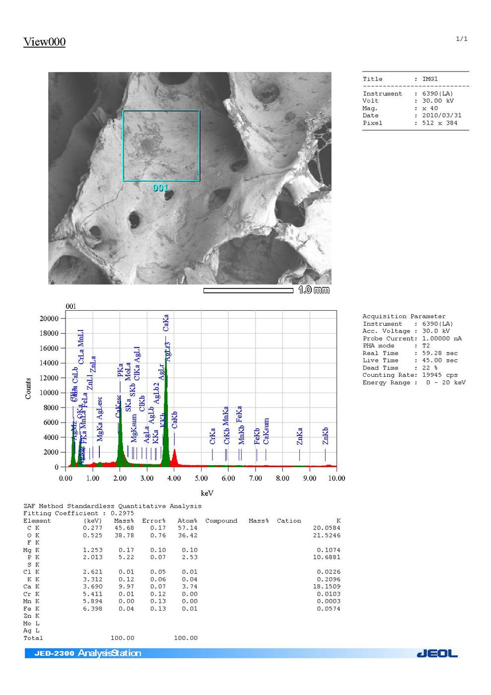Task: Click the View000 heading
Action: click(x=44, y=42)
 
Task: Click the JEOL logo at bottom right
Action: click(x=437, y=653)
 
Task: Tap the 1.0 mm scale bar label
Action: click(x=314, y=290)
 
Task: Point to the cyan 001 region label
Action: click(x=160, y=188)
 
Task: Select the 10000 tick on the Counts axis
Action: click(x=49, y=393)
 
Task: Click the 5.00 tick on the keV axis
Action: click(x=201, y=478)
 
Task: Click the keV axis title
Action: click(x=207, y=493)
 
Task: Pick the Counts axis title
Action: click(x=28, y=388)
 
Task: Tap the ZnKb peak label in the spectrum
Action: click(x=326, y=436)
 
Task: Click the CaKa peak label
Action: click(x=166, y=323)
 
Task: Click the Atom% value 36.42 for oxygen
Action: click(x=188, y=535)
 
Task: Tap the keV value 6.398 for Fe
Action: click(x=92, y=609)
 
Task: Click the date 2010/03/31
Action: click(x=442, y=116)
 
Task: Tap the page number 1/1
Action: click(x=462, y=39)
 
